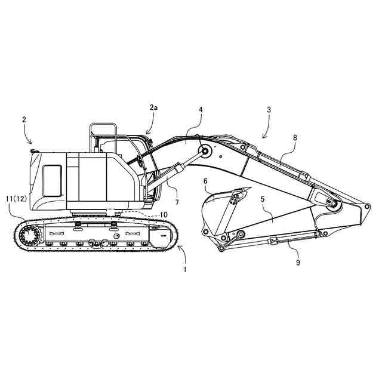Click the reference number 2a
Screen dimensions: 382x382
tap(154, 108)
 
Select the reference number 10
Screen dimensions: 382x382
tap(162, 214)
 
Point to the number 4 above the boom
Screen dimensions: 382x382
tap(201, 110)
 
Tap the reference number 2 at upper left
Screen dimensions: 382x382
tap(24, 119)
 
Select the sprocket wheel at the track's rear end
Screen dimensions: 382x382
tap(28, 237)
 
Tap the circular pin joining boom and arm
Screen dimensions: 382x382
tap(332, 205)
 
